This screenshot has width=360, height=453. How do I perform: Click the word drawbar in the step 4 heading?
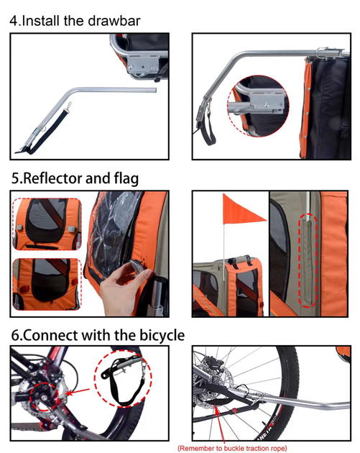[114, 21]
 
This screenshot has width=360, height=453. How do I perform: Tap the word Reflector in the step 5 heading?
[52, 178]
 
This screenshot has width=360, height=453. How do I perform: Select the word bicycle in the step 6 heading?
[162, 335]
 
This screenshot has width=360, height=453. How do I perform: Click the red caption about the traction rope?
[232, 448]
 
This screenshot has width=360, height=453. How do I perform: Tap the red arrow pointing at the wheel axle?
[78, 392]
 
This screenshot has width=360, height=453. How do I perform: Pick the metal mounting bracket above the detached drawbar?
[143, 64]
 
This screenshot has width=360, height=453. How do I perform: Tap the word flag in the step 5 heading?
[126, 178]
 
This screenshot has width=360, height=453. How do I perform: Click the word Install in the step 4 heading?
[41, 21]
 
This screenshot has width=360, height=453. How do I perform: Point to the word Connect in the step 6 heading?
[50, 335]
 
